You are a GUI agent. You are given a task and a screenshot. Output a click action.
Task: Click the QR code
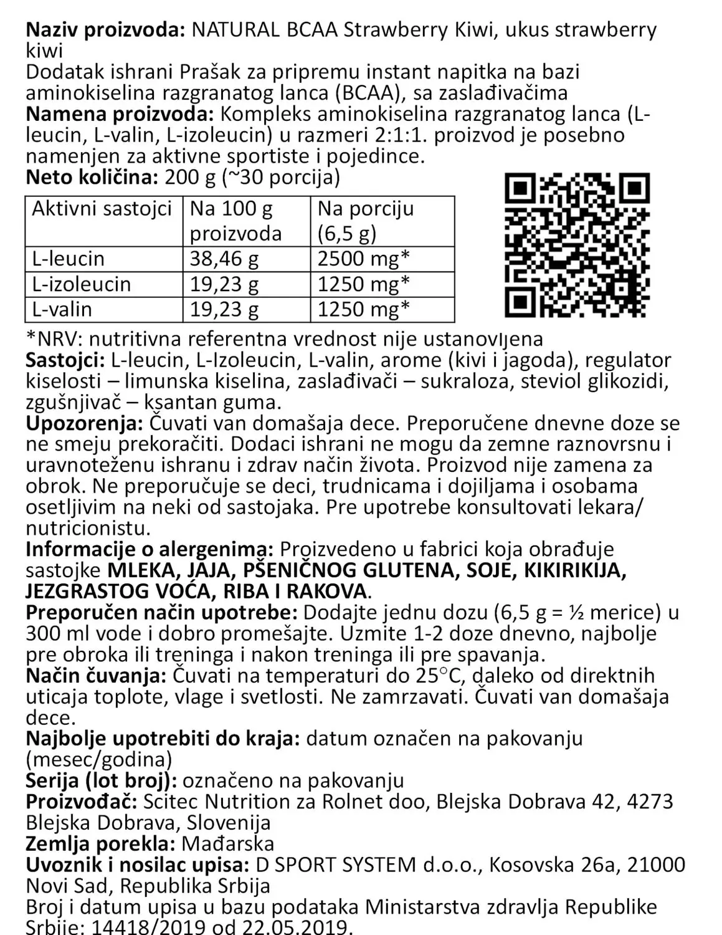tap(577, 244)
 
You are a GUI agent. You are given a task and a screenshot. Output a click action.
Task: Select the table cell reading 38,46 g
tap(224, 259)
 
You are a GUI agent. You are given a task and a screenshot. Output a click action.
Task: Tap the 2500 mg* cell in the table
tap(363, 259)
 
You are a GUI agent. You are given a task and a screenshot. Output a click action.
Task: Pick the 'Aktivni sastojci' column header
tap(102, 208)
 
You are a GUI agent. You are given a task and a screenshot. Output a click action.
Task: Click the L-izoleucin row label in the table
tap(82, 284)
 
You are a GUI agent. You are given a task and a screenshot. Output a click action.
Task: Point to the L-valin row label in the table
tap(62, 309)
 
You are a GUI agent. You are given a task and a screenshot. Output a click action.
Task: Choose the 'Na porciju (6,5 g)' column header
tap(366, 221)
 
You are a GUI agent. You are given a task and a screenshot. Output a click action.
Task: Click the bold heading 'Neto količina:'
tap(92, 178)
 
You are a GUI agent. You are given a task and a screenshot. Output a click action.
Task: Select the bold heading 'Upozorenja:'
tap(83, 424)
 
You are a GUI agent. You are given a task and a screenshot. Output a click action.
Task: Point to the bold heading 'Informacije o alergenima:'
tap(150, 549)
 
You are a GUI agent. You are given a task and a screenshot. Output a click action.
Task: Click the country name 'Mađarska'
tap(228, 844)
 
